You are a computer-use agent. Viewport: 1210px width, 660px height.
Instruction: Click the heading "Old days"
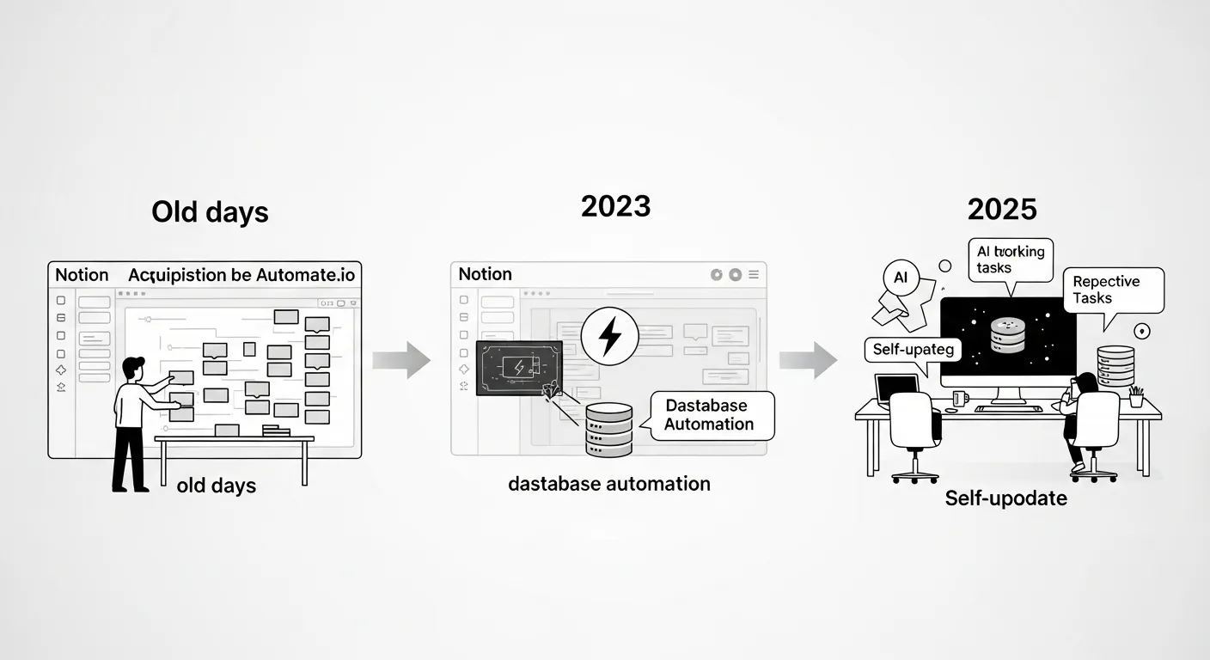pyautogui.click(x=210, y=212)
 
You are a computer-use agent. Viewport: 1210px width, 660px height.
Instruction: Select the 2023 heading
pyautogui.click(x=615, y=206)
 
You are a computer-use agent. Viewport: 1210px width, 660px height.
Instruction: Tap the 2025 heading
pyautogui.click(x=1002, y=209)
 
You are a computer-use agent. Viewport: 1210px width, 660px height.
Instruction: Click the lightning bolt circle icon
pyautogui.click(x=609, y=336)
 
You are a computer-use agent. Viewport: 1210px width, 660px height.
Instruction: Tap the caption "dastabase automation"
pyautogui.click(x=609, y=484)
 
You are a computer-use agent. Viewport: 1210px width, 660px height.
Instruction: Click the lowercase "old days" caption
pyautogui.click(x=217, y=486)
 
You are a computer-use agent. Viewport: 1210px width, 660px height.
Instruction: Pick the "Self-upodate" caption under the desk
pyautogui.click(x=1006, y=498)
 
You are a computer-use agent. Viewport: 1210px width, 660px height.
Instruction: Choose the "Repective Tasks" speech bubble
pyautogui.click(x=1113, y=290)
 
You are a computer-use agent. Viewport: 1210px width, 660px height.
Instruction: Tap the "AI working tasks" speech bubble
pyautogui.click(x=1011, y=260)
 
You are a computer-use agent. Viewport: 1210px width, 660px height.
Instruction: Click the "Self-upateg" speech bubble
pyautogui.click(x=912, y=349)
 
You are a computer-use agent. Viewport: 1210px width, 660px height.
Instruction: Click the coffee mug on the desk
pyautogui.click(x=960, y=399)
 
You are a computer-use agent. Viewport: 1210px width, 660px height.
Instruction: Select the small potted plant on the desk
pyautogui.click(x=1137, y=397)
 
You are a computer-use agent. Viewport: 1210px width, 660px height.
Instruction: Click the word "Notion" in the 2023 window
pyautogui.click(x=485, y=274)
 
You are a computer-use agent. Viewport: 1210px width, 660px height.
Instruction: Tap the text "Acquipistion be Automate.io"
pyautogui.click(x=241, y=275)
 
